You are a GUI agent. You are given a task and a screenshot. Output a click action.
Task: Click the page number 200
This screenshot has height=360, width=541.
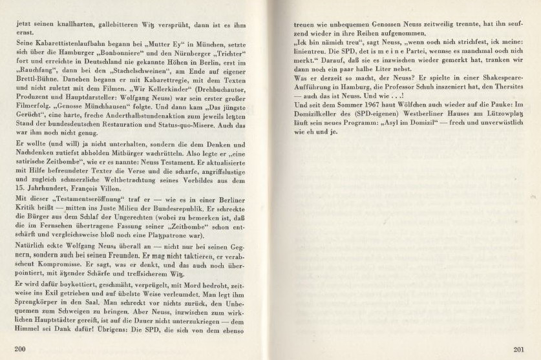click(x=20, y=348)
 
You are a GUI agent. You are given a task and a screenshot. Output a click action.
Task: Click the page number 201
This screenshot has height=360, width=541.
click(x=518, y=350)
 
